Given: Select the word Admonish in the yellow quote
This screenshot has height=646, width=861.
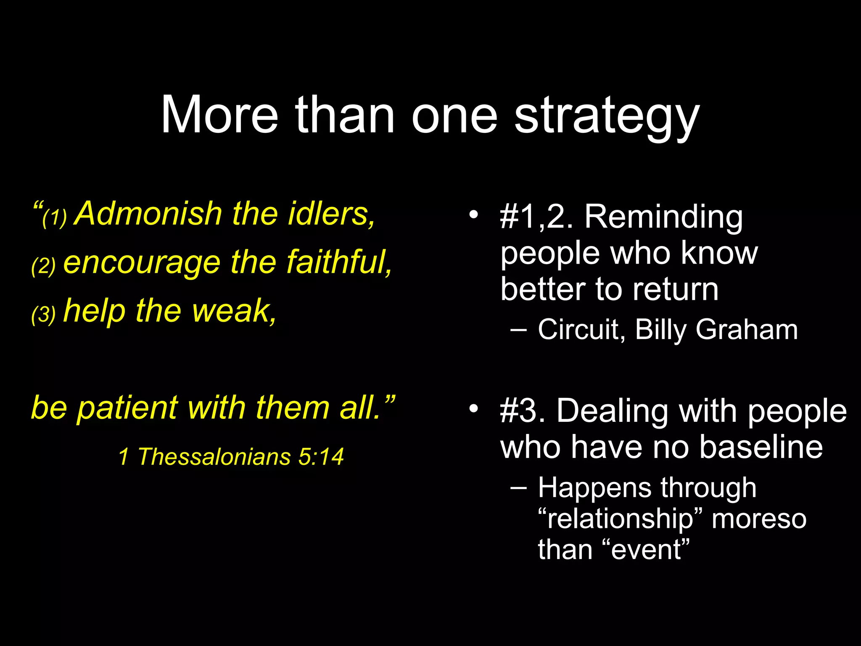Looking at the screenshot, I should (148, 214).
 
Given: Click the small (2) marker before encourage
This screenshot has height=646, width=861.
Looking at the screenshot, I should (43, 266).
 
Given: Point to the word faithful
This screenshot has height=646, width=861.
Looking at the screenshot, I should (339, 262).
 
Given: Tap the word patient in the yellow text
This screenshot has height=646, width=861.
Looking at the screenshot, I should (128, 408).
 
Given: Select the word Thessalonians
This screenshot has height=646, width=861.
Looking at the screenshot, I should (214, 457).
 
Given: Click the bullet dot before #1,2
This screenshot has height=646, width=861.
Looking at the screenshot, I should (474, 215).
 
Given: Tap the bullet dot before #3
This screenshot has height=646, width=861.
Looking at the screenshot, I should (474, 408).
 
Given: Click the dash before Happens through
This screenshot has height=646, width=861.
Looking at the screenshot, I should (518, 488).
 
